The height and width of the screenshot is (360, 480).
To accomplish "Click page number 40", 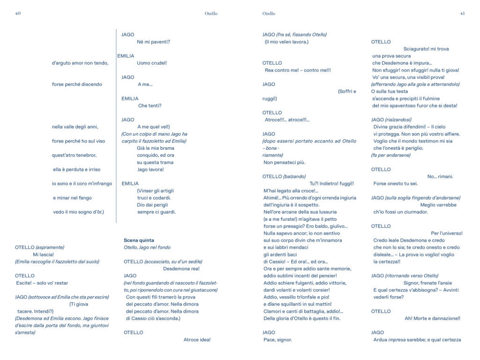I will point(18,14).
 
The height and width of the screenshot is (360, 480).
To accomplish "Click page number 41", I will point(462,14).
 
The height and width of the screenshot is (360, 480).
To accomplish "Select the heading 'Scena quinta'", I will point(139,240).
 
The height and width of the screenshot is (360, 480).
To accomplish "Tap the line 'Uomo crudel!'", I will point(151,63).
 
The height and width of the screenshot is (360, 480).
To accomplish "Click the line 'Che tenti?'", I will point(150,105).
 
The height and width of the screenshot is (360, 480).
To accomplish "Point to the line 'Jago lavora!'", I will point(150,169).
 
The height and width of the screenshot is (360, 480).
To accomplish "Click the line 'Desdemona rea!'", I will point(181,269).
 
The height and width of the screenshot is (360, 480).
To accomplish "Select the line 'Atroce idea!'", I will point(197,340).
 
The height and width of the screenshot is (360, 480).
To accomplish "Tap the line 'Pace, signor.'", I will point(277,340).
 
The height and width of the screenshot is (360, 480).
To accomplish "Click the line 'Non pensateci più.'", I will point(284,162).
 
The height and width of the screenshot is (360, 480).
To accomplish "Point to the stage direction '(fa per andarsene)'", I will point(390,155).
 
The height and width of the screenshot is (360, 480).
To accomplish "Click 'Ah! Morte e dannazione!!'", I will point(432,318).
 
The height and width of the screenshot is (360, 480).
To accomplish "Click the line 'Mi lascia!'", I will point(43,255).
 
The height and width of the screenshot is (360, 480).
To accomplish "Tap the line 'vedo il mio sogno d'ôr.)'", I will point(78,212).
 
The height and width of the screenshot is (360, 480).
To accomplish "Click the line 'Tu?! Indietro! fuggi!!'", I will point(331,184).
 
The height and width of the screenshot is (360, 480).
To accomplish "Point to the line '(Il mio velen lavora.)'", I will point(286,42).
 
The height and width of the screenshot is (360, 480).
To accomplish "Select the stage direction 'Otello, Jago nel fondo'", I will point(147,247).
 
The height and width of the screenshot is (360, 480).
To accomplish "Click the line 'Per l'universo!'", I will point(446,233).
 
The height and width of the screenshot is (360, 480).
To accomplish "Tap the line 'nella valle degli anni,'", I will point(75,127).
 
